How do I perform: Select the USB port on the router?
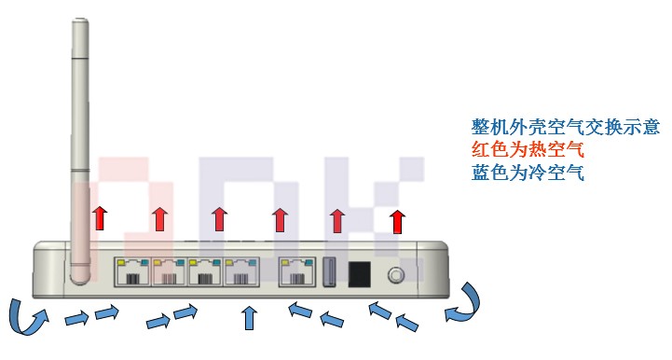[x=330, y=273]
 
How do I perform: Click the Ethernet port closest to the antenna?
[x=130, y=273]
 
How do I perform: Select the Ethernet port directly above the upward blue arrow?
[x=242, y=273]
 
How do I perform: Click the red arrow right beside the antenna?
[x=100, y=218]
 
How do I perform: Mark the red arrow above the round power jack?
[x=398, y=221]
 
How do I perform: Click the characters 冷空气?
[x=563, y=172]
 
